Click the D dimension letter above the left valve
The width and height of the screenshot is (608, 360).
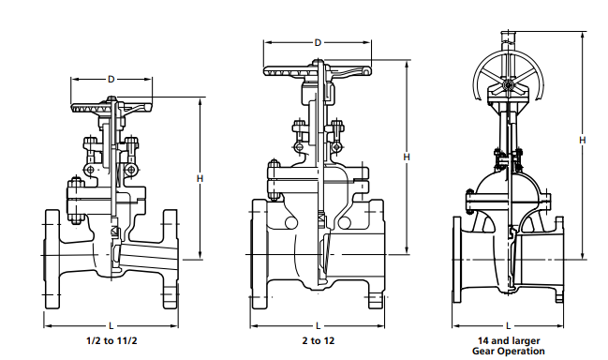111,80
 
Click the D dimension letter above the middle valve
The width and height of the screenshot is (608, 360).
318,43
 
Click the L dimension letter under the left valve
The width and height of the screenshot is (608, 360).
111,323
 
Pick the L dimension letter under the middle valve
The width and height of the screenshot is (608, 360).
318,323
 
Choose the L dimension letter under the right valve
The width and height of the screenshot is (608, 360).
508,323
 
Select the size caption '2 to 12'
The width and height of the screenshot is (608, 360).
318,340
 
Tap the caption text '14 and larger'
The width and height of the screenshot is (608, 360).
508,340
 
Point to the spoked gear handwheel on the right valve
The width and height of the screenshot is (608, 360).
506,77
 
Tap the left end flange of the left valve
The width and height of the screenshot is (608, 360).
52,259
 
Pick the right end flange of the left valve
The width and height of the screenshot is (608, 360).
171,259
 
